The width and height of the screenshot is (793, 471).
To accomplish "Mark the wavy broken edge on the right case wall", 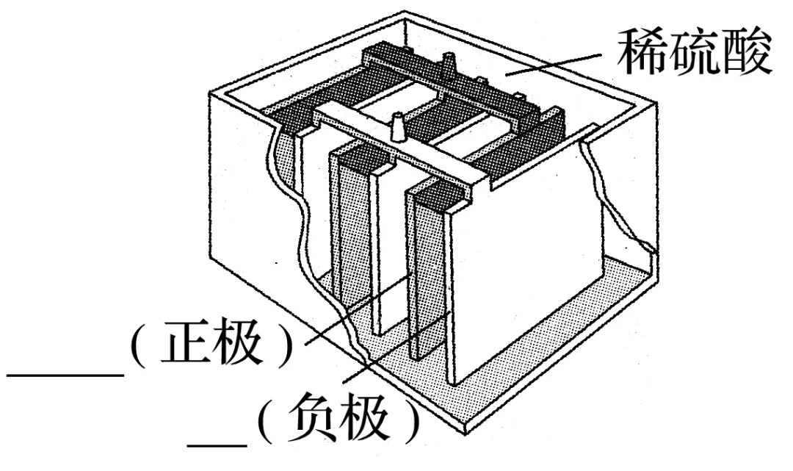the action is coord(613,198).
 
